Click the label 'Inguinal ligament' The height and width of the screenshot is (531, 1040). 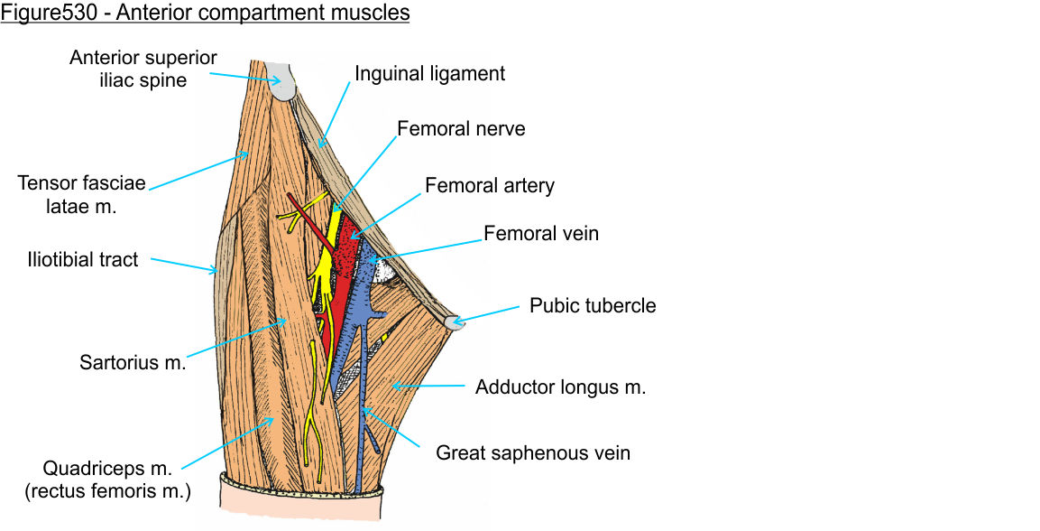[429, 73]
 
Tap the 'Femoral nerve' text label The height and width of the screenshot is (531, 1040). [460, 129]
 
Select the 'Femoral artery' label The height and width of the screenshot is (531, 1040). [489, 186]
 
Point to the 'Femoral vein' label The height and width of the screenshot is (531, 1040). [541, 233]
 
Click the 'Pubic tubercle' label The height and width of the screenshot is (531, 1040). [593, 305]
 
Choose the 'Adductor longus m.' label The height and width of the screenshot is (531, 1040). [560, 387]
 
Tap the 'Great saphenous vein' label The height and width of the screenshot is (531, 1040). [533, 452]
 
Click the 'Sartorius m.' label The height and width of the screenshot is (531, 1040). [133, 363]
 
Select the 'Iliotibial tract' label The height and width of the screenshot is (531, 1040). [81, 260]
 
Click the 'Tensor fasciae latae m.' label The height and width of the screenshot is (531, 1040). [81, 194]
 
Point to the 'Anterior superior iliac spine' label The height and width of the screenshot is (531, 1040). [143, 69]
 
